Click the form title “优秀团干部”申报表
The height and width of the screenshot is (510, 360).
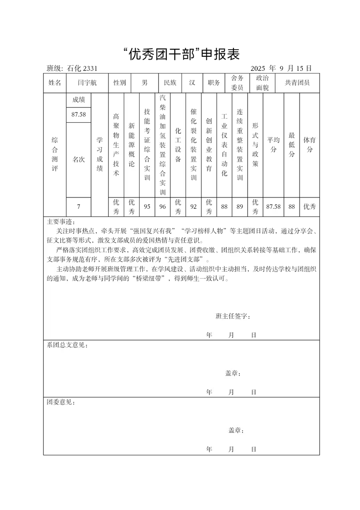(x=180, y=54)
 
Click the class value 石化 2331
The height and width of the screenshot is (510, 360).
(x=82, y=69)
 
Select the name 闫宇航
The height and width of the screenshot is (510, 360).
(x=87, y=83)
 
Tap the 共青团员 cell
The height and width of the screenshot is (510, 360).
(x=297, y=83)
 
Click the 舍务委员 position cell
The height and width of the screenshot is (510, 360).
(x=237, y=83)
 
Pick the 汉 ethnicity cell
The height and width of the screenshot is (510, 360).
(x=192, y=83)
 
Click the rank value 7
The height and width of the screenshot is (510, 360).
(x=78, y=207)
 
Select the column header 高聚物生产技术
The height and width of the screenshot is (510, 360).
(x=116, y=144)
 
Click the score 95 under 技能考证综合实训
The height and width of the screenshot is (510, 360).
(x=147, y=207)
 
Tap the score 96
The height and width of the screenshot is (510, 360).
(x=163, y=207)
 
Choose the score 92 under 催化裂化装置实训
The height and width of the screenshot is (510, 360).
(x=194, y=207)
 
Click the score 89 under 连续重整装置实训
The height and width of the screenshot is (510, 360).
(x=240, y=207)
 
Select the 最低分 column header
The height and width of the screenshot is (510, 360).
(x=292, y=144)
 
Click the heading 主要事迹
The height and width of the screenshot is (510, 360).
(x=62, y=222)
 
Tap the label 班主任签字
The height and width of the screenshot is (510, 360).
(x=233, y=316)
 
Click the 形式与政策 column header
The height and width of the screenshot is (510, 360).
(x=255, y=144)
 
